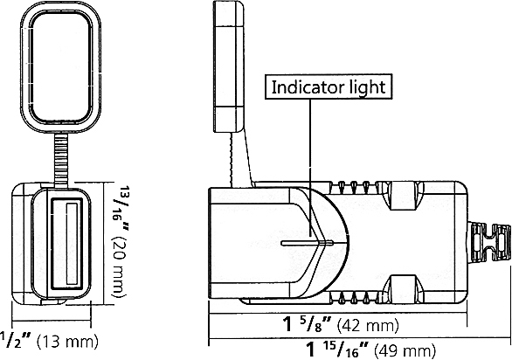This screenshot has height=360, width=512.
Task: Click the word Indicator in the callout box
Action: click(302, 87)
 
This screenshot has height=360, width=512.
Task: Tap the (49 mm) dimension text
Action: click(405, 350)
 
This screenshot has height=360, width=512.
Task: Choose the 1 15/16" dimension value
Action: click(337, 350)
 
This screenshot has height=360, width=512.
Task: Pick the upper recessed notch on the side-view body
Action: click(401, 197)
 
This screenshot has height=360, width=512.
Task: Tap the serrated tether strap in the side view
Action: click(234, 157)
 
